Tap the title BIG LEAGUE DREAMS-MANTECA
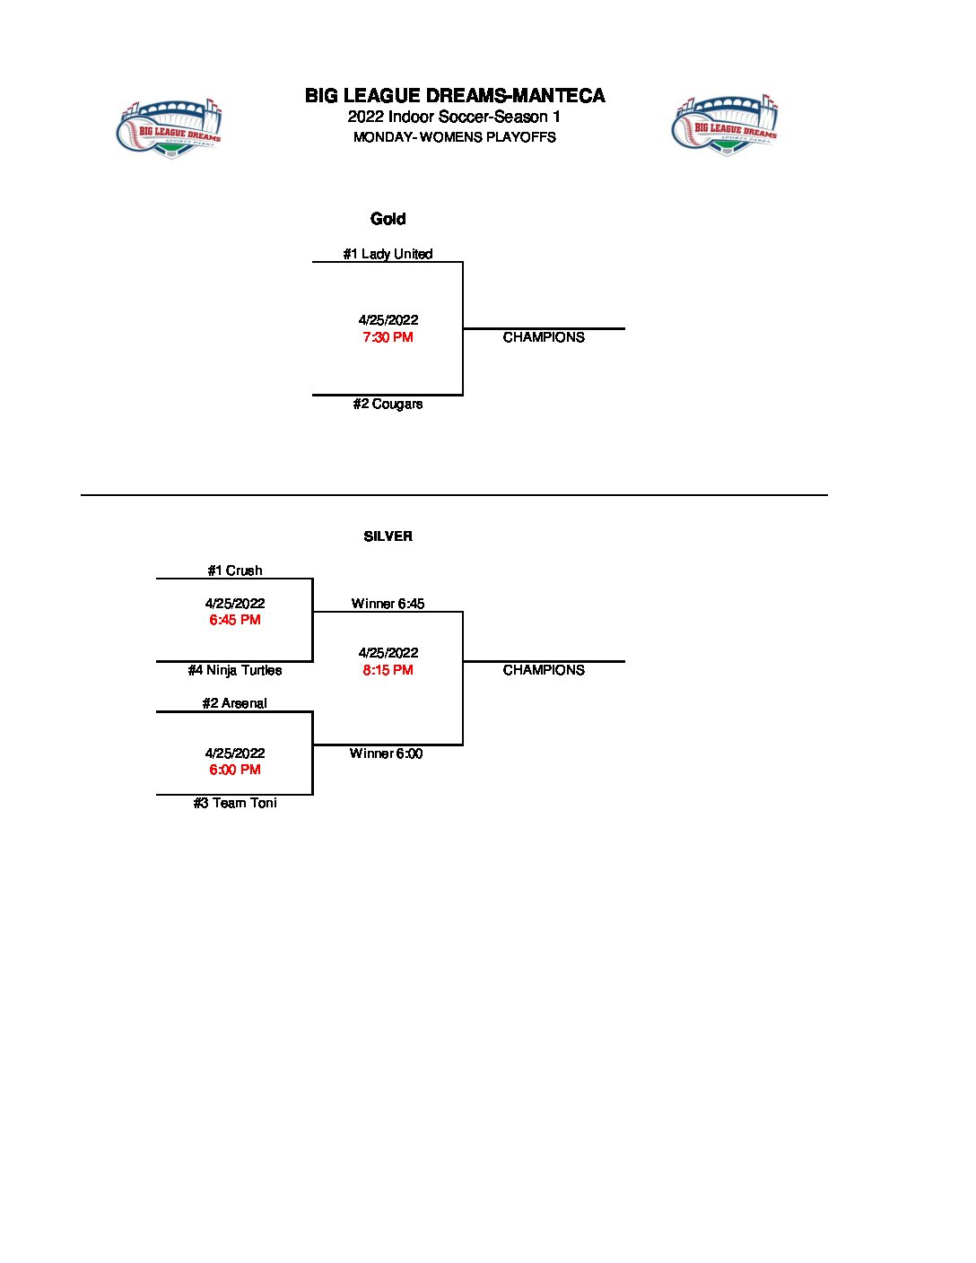(455, 96)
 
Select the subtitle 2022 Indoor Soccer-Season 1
(454, 118)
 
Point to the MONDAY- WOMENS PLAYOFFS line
(454, 137)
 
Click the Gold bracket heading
(388, 219)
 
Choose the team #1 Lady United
(388, 254)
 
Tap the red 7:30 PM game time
(388, 337)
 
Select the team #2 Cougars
(388, 404)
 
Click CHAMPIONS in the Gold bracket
(544, 337)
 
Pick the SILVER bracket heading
(388, 536)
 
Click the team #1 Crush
(235, 571)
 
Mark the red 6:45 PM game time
(235, 620)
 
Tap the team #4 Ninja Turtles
(235, 670)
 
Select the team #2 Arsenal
(235, 703)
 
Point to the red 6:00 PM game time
(235, 770)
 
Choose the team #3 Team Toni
(235, 803)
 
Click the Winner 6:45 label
(388, 604)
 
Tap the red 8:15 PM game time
(388, 670)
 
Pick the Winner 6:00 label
(386, 753)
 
